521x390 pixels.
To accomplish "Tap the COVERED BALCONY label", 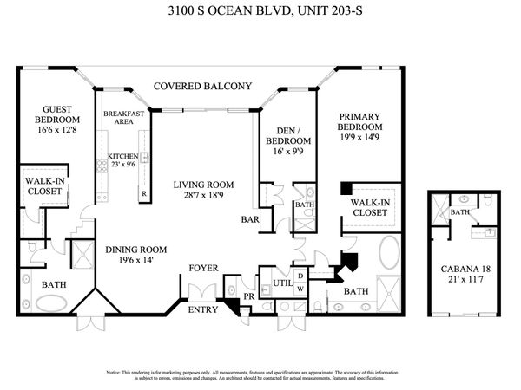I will coord(202,86).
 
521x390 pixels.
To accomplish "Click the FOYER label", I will coord(204,268).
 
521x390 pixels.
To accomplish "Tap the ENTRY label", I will coord(203,310).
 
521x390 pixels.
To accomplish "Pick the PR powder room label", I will coord(248,296).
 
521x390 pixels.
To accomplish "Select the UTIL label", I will coord(282,283).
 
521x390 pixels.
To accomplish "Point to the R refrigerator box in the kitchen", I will coord(143,193).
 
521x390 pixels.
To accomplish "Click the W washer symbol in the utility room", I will coord(300,288).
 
